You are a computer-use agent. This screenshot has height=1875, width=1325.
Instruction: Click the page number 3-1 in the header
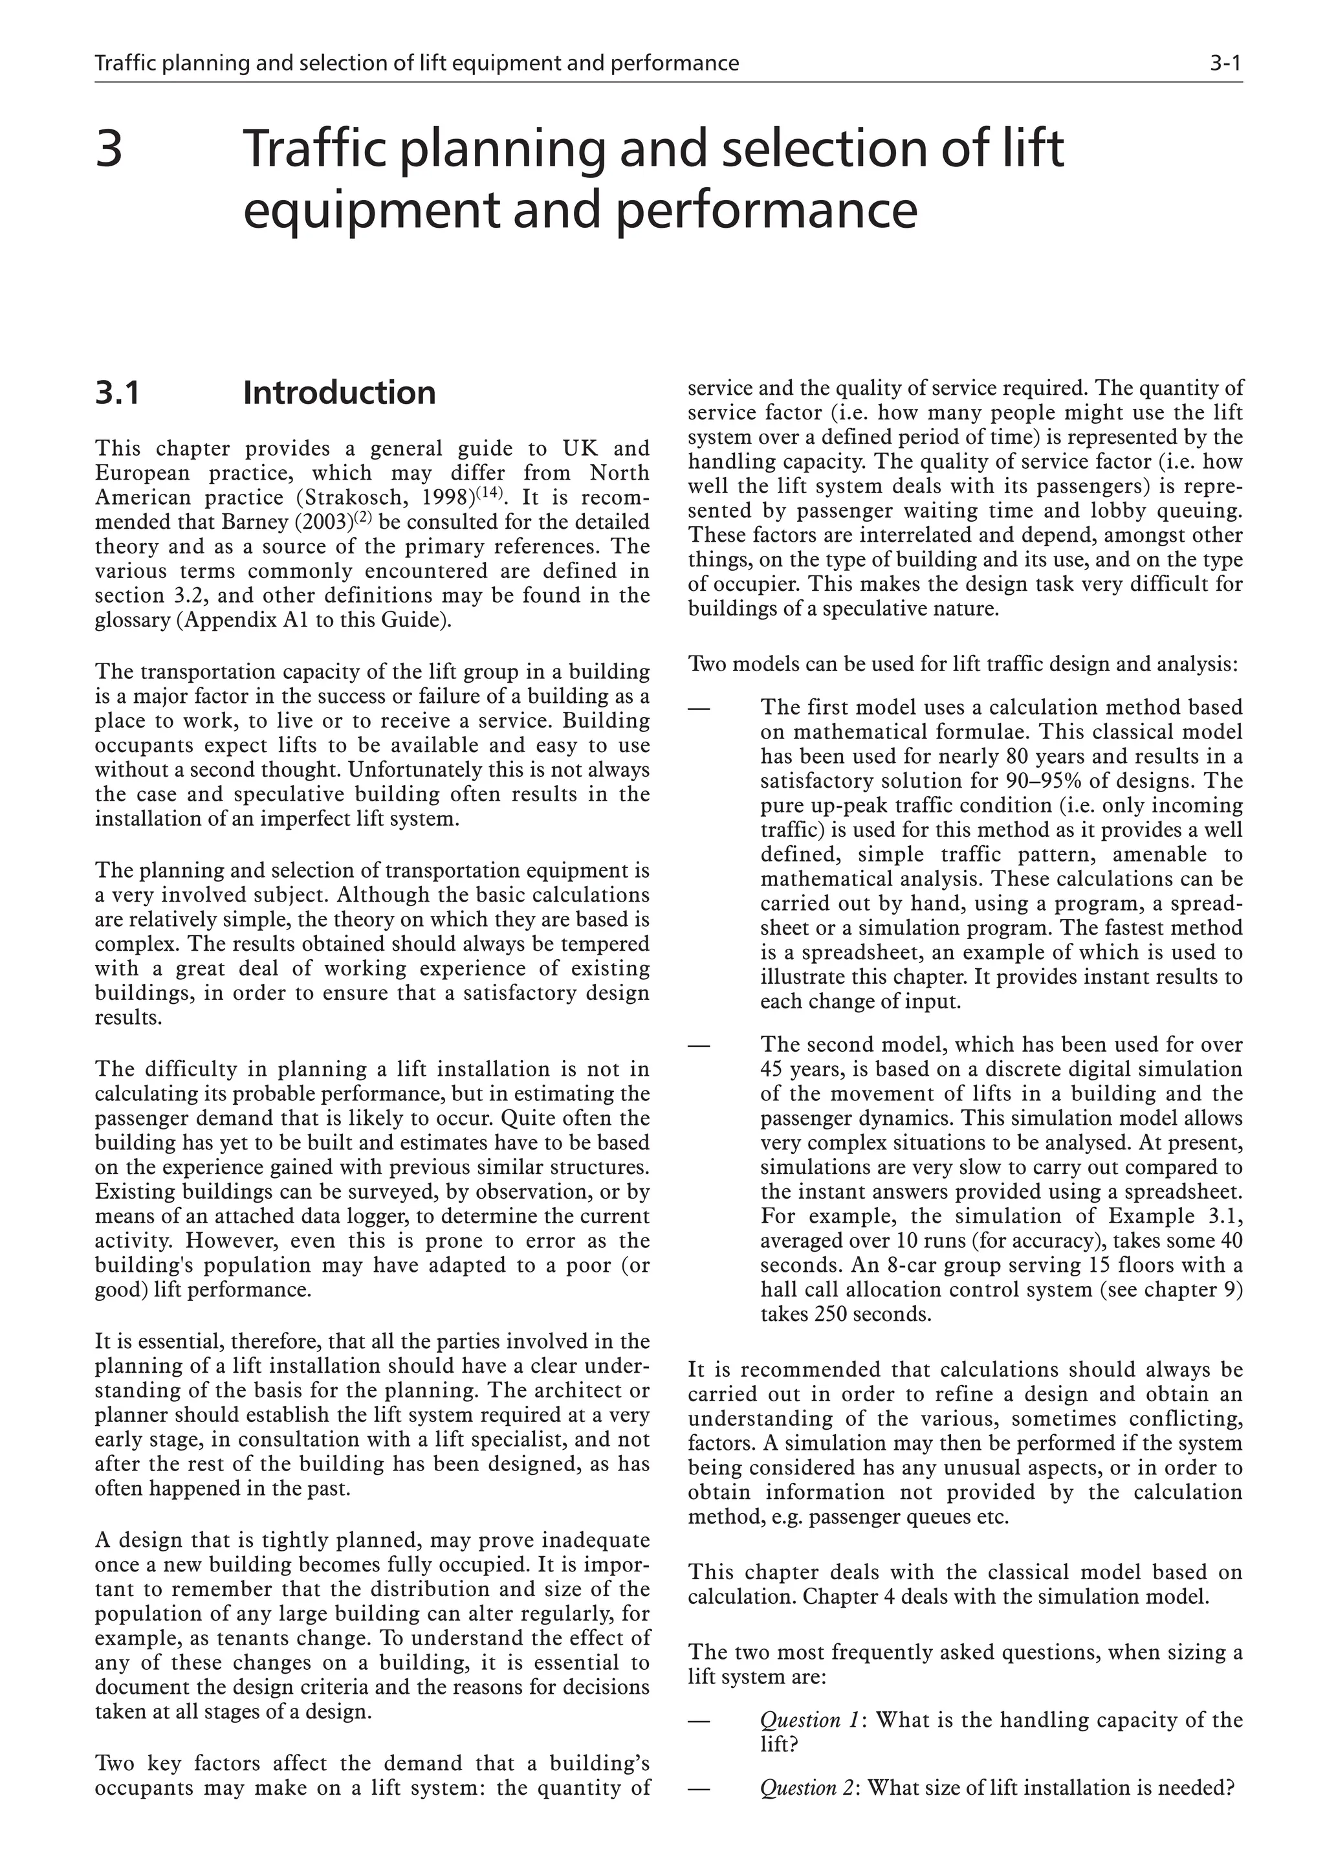[1225, 63]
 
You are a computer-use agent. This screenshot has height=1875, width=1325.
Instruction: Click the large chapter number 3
[109, 150]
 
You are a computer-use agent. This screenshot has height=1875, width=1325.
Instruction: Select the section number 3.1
[118, 393]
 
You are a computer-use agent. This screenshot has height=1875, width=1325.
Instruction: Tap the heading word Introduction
[339, 393]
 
